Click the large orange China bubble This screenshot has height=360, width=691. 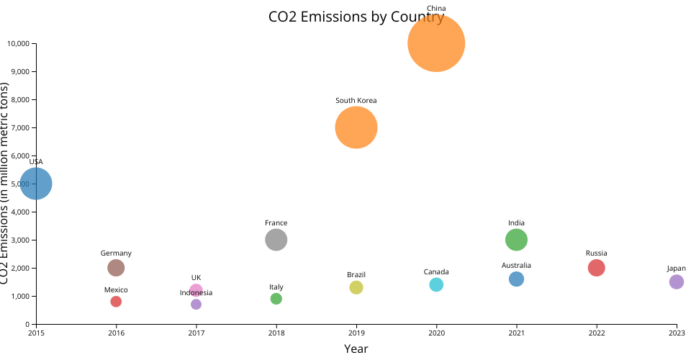pos(436,43)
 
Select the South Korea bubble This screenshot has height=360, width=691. pos(356,127)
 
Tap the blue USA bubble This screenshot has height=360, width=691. pos(36,184)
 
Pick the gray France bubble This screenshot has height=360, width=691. pos(276,240)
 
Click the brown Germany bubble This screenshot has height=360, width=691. pos(116,268)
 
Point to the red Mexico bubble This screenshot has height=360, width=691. pos(116,302)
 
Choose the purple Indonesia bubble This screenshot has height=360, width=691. pos(196,305)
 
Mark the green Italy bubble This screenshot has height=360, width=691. pos(276,299)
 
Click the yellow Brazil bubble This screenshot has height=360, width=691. pos(356,287)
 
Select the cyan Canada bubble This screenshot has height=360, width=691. pos(436,284)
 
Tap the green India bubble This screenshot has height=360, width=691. pos(517,240)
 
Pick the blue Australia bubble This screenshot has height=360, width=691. pos(517,279)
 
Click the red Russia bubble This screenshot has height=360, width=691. pos(597,268)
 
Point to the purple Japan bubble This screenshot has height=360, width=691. pos(677,282)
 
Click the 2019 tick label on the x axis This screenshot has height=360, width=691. pos(356,332)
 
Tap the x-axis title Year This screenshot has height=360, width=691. pos(356,349)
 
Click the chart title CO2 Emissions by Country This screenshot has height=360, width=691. pos(356,17)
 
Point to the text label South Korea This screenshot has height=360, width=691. pos(356,101)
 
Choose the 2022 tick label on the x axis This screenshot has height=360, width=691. pos(597,332)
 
